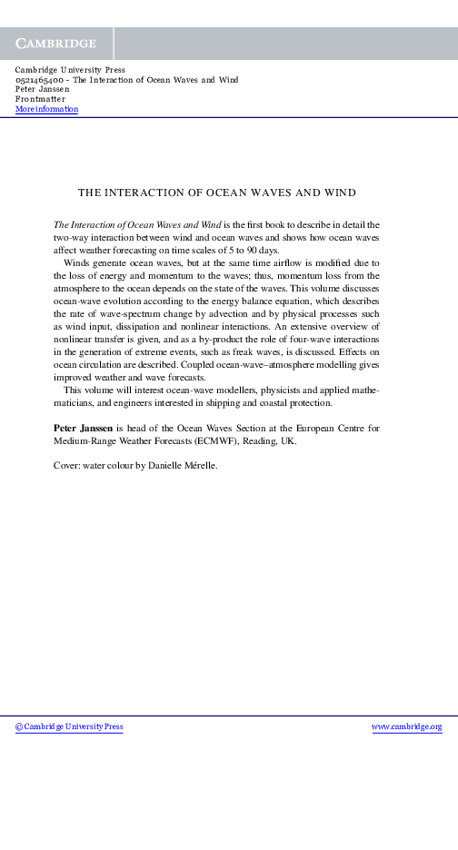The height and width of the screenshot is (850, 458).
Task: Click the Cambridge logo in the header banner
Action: click(x=55, y=44)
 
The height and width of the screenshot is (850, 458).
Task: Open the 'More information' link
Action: click(x=47, y=109)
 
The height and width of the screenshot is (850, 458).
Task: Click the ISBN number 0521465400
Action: click(x=41, y=80)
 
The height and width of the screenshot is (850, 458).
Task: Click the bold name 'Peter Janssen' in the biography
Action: click(x=84, y=425)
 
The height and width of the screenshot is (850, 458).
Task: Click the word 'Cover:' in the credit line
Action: click(x=68, y=465)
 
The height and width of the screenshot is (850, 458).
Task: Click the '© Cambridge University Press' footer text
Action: click(x=70, y=726)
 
